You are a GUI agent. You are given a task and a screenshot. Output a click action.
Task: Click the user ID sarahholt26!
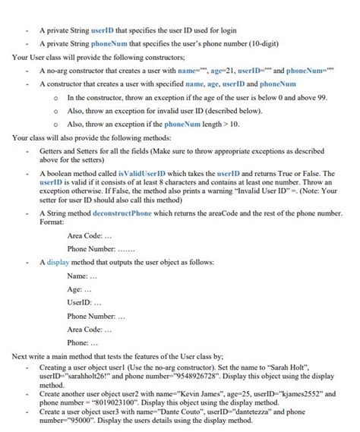(x=84, y=375)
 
